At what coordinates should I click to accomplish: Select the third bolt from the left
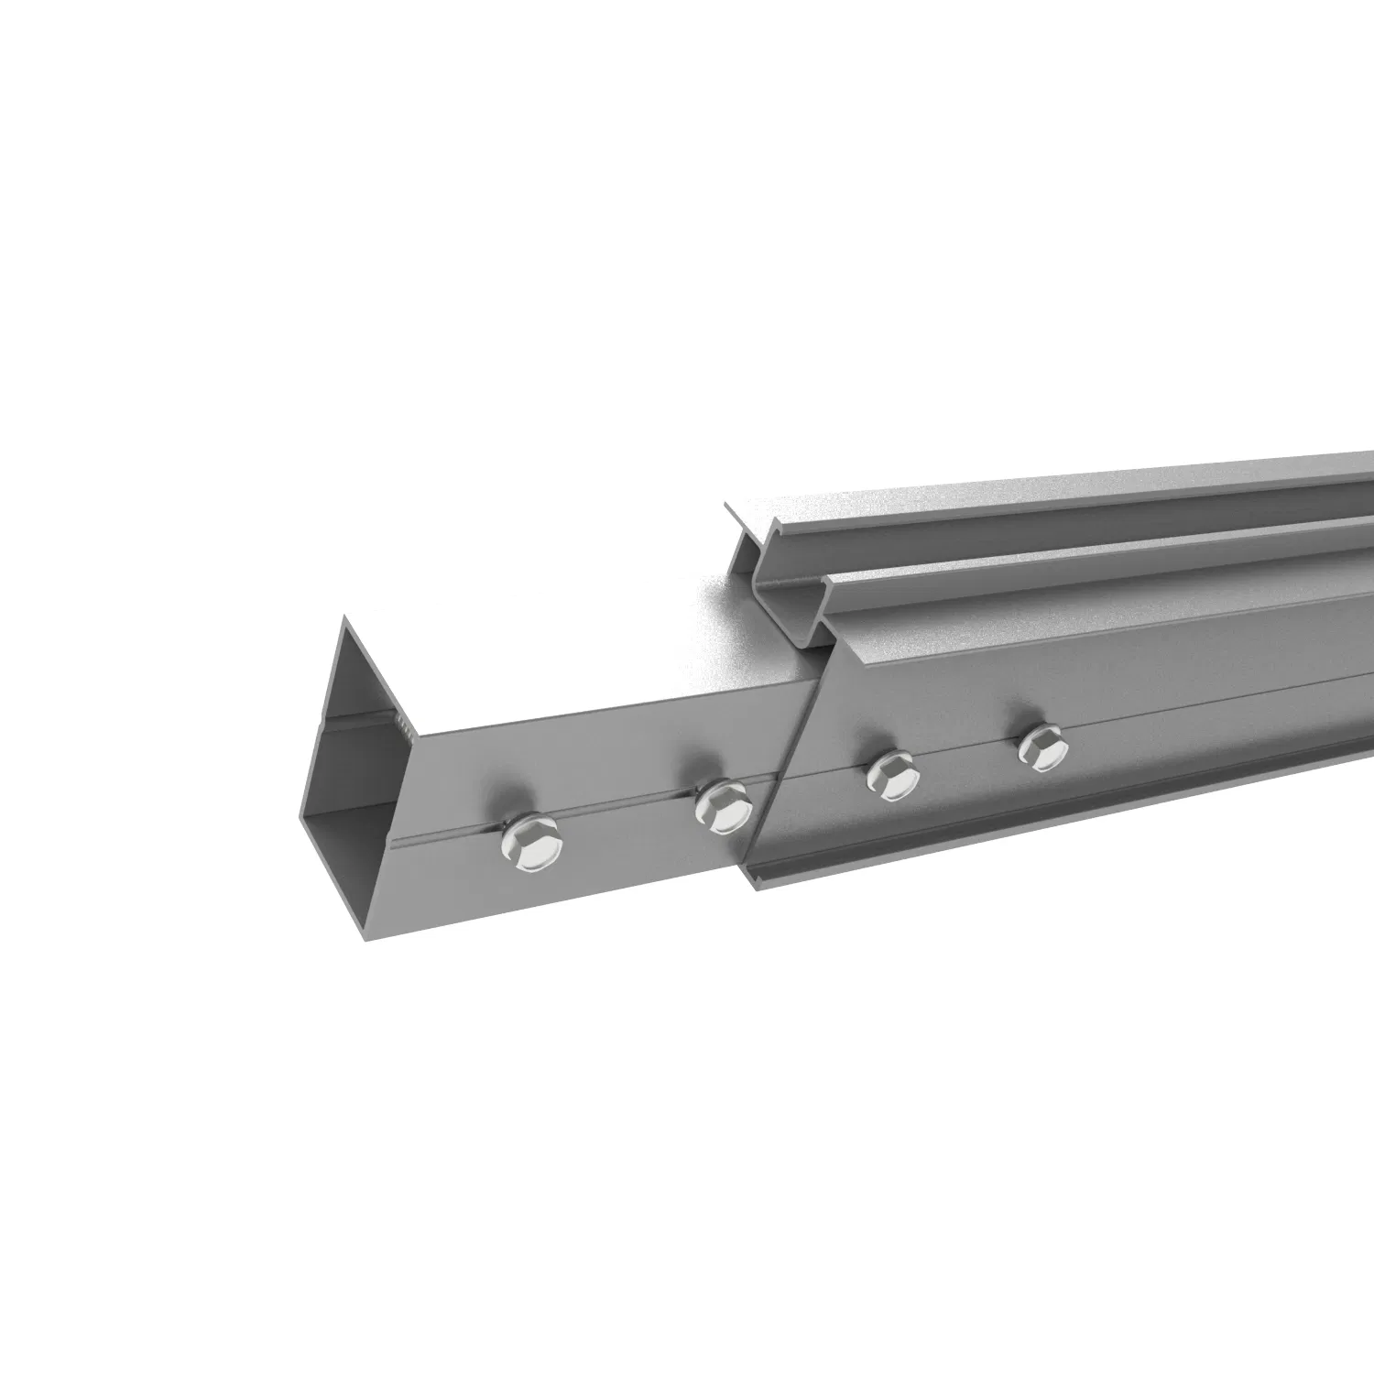[x=893, y=775]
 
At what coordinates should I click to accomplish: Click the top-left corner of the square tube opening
[x=345, y=620]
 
